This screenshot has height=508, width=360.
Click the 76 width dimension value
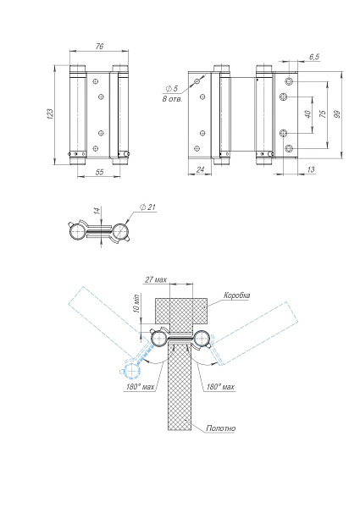click(x=99, y=47)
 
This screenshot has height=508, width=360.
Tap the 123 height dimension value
click(x=50, y=114)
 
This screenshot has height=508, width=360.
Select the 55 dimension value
click(x=99, y=172)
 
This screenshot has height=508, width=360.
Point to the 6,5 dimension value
click(x=314, y=57)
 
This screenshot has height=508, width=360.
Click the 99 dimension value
click(x=337, y=114)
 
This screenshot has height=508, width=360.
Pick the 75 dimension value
click(x=323, y=113)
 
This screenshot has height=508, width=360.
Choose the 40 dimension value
click(x=307, y=114)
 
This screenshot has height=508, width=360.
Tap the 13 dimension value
click(x=310, y=169)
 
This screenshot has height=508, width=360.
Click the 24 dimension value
click(x=200, y=169)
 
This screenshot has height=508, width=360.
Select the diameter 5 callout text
click(x=172, y=88)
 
